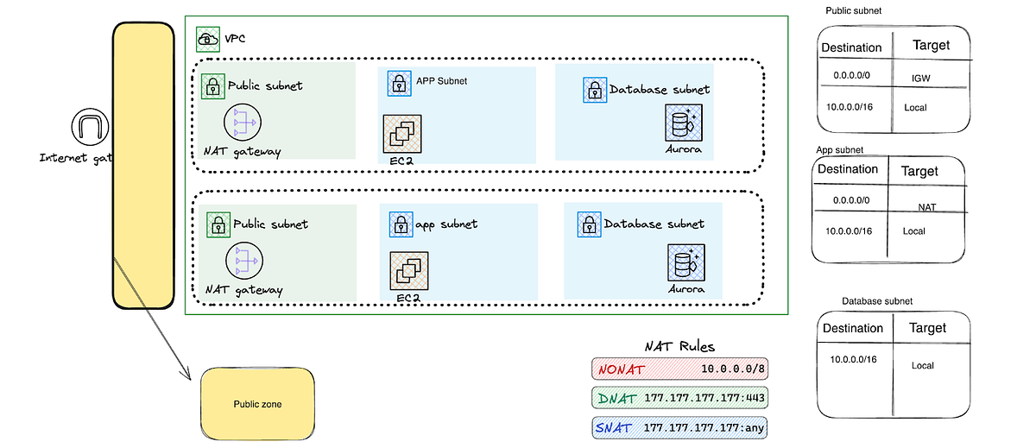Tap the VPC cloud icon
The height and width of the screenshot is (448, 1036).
coord(207,39)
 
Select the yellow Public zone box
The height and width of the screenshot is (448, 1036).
coord(257,403)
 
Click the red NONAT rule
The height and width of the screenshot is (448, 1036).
coord(679,369)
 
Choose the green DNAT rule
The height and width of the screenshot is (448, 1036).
coord(679,398)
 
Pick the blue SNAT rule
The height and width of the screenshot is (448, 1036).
coord(679,427)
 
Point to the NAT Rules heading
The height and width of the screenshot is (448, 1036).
coord(679,346)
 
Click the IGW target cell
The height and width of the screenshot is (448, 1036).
coord(921,79)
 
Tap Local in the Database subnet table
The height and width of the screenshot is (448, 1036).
coord(923,365)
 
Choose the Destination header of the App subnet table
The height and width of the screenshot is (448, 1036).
coord(847,169)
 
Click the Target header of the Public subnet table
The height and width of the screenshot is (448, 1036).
coord(931,45)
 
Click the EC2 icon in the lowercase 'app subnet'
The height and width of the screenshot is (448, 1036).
coord(408,270)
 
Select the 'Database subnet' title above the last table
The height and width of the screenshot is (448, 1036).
coord(876,300)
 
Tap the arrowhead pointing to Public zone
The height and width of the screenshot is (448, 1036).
coord(186,375)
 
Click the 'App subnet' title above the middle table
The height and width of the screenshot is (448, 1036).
coord(839,149)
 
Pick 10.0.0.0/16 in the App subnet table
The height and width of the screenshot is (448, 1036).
coord(849,230)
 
